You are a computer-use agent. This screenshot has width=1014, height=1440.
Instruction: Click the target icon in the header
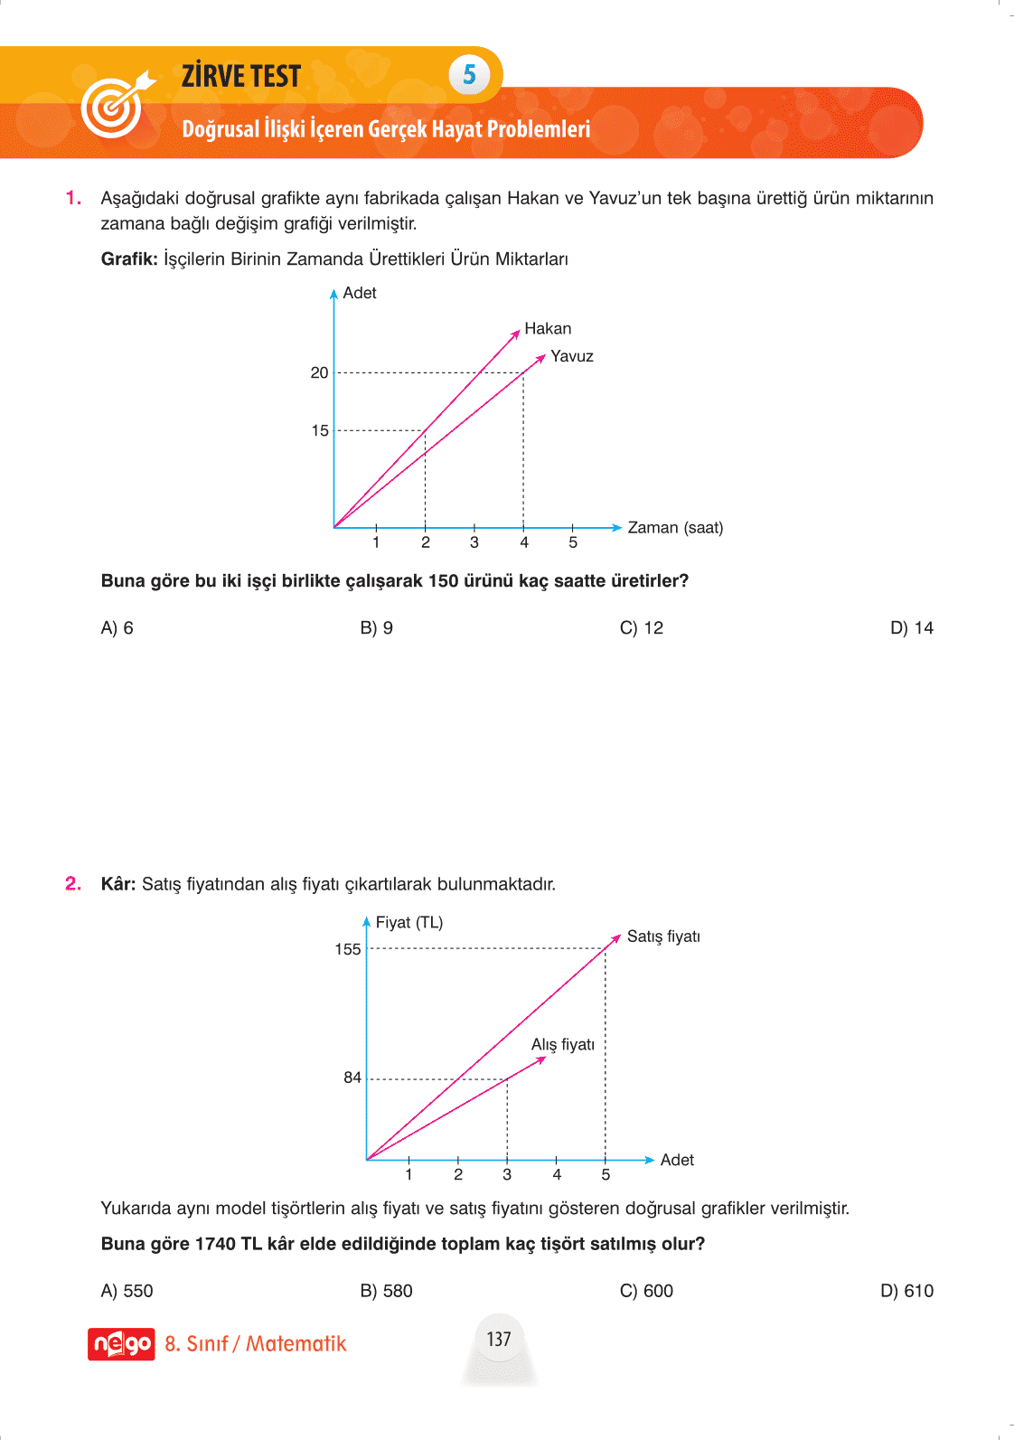(114, 105)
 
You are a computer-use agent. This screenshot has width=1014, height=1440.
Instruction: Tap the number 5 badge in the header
(469, 74)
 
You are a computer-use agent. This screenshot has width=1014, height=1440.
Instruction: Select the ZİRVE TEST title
(241, 76)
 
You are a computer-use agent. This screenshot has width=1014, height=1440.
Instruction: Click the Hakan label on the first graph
(548, 329)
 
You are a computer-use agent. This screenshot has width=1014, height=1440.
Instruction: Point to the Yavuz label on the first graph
(572, 356)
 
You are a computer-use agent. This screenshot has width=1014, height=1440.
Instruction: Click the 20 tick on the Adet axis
(320, 372)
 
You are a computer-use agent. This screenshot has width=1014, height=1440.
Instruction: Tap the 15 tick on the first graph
(320, 430)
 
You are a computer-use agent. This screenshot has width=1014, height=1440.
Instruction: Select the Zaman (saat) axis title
(675, 528)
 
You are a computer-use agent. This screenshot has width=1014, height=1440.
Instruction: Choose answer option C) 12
(642, 628)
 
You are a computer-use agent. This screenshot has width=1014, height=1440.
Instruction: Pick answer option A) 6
(117, 628)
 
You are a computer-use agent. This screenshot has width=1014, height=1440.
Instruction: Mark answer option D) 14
(911, 628)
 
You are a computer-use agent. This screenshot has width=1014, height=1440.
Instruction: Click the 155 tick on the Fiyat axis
(348, 949)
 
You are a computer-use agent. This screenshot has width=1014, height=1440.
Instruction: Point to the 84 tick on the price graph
(352, 1078)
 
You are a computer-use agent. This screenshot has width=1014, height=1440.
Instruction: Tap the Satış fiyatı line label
(663, 936)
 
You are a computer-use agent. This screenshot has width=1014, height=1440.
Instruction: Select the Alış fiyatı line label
(563, 1045)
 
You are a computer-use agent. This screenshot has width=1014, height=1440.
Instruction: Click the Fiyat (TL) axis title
(409, 923)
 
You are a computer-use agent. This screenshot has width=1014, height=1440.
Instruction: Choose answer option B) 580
(386, 1291)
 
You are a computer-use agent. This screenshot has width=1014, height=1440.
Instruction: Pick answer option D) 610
(906, 1291)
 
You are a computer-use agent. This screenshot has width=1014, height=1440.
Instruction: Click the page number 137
(499, 1339)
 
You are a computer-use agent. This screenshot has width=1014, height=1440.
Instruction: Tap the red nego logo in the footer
(121, 1344)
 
